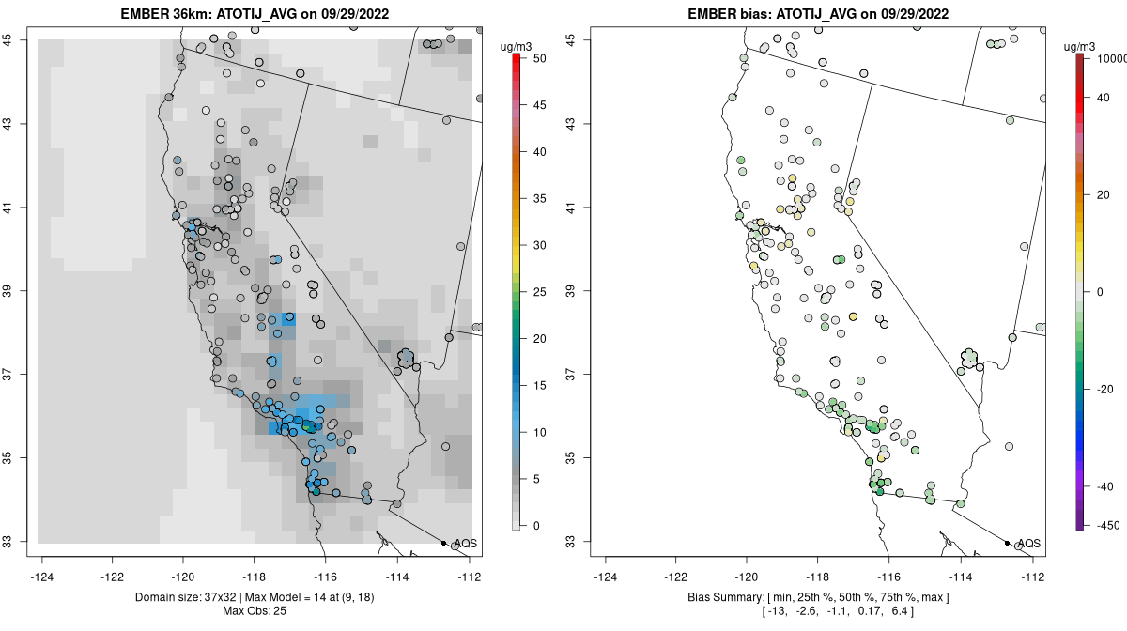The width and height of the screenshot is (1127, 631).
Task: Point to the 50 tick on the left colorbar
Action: (x=538, y=58)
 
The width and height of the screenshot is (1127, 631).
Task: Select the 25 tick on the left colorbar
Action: (x=538, y=292)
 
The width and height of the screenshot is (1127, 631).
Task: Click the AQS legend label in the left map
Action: (x=465, y=544)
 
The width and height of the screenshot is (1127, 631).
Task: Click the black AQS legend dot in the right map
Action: (x=1007, y=543)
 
